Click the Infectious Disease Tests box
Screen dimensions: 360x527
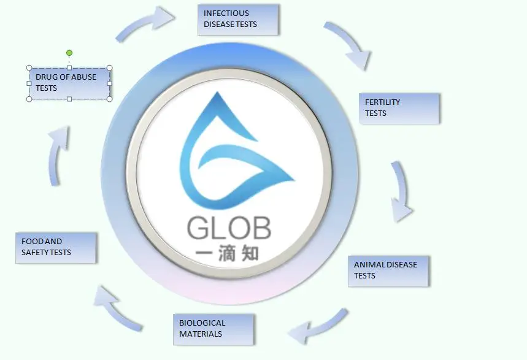[239, 19]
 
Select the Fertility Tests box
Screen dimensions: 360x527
[399, 108]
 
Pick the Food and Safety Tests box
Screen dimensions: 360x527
[56, 247]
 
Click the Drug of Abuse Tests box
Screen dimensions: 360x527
[69, 83]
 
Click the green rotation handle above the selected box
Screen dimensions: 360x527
[69, 53]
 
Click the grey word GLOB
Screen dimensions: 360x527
[229, 228]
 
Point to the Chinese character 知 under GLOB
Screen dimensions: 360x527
[257, 254]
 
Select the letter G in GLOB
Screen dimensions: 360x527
[199, 228]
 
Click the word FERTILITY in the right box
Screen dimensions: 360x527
[382, 102]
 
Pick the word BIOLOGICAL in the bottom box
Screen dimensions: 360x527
[202, 323]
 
